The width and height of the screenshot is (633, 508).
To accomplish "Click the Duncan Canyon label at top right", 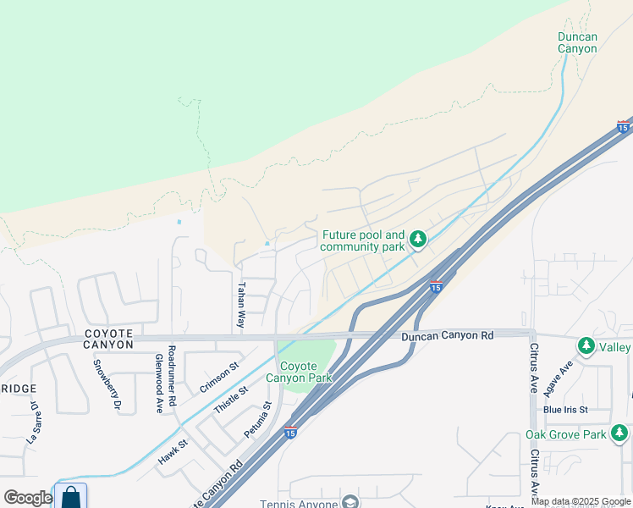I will click(577, 42).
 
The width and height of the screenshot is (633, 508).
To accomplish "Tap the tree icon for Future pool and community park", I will click(417, 240).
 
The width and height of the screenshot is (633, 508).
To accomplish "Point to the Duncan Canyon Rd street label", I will click(447, 336).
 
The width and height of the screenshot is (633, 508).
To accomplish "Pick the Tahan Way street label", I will click(241, 306).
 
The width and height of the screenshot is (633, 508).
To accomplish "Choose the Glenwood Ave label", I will click(159, 383).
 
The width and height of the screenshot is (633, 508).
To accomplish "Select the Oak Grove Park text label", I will click(565, 434).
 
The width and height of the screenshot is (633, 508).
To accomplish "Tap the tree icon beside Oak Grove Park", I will click(619, 434).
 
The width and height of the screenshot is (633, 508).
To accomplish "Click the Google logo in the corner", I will click(27, 498).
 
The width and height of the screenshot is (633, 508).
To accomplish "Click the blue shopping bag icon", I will click(71, 496).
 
